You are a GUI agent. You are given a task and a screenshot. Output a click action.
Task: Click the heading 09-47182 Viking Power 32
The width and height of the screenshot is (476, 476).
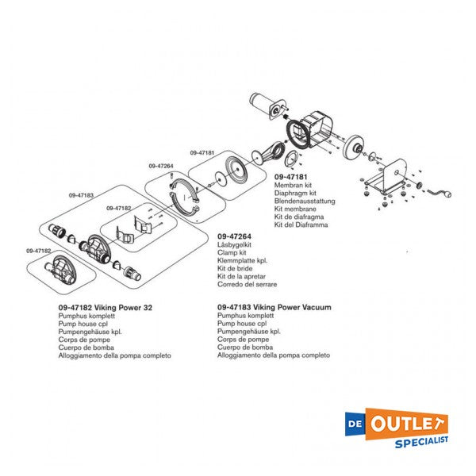point(106,308)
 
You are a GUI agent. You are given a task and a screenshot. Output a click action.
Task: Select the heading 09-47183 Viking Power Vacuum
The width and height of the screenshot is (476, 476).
point(274,307)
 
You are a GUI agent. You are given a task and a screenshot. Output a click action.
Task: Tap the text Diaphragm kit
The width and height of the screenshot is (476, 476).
point(295,193)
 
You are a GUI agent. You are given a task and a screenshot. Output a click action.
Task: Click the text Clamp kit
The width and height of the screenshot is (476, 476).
point(232,252)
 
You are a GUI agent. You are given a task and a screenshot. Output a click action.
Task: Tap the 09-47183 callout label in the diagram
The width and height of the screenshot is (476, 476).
point(81,195)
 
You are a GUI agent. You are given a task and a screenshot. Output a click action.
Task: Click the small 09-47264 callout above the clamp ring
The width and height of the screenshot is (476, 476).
point(161,166)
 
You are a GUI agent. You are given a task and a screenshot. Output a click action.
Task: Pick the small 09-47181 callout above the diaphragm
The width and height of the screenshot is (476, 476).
point(202,152)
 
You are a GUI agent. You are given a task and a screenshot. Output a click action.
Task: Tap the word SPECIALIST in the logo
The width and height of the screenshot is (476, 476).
point(421,442)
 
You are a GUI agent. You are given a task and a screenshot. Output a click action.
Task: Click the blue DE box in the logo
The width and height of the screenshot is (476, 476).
point(355,424)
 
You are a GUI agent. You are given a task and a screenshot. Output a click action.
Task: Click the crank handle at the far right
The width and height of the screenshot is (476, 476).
point(440,193)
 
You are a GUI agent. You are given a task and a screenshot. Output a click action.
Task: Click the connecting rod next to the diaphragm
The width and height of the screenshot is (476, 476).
point(268,154)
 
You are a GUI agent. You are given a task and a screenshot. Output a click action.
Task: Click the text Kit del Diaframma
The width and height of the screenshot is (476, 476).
point(301,225)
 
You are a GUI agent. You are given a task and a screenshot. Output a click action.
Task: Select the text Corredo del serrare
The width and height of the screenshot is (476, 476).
point(247,285)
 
